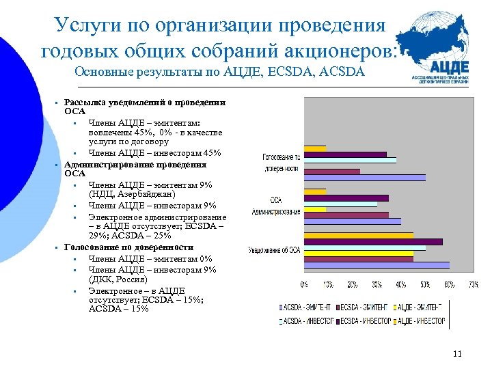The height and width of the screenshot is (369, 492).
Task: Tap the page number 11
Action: coord(457,353)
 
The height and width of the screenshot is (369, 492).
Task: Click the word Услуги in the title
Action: coord(88,25)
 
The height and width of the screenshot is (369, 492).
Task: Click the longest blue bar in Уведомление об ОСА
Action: coord(377,265)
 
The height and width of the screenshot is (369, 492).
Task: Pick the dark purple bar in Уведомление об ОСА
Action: coord(373,241)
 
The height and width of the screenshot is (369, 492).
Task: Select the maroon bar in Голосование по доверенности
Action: coord(332,172)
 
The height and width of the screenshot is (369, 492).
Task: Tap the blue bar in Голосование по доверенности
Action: coord(364,178)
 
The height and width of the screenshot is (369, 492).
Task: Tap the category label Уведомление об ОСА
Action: coord(275,249)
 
